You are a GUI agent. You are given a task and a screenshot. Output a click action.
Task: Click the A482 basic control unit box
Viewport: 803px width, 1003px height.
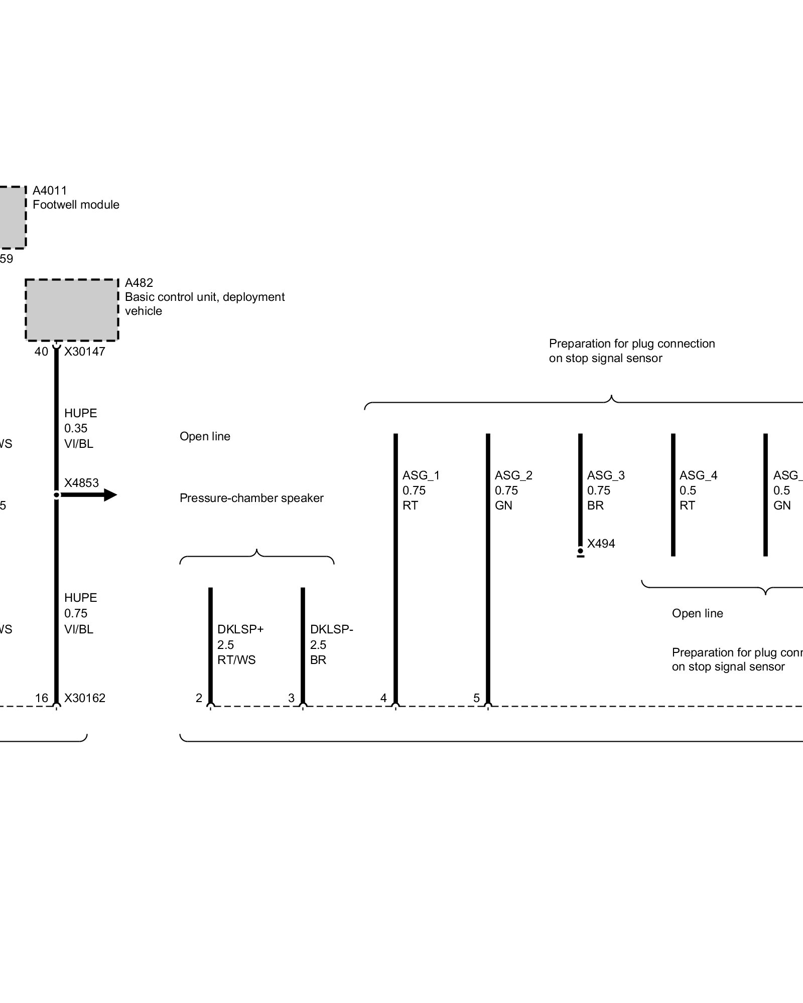(72, 310)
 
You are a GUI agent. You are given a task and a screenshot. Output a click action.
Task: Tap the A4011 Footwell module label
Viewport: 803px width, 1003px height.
(76, 198)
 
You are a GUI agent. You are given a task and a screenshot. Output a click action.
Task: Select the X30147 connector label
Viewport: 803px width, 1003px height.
(85, 351)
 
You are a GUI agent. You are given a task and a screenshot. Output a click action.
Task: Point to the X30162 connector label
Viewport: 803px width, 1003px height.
(85, 698)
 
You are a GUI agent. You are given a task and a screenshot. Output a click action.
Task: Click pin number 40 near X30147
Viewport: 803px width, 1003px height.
(41, 352)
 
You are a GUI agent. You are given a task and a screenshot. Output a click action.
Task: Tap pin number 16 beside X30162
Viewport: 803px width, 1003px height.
(42, 698)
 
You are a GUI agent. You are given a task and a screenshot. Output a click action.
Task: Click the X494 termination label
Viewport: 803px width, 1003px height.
(601, 544)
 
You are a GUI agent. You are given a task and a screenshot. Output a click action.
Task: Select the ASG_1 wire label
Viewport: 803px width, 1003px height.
(421, 475)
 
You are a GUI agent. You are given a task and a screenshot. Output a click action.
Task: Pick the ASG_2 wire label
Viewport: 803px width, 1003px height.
(513, 475)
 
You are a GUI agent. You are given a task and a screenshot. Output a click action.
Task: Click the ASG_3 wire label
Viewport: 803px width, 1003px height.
(606, 475)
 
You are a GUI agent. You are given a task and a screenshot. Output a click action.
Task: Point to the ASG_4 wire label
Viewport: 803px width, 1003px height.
(698, 475)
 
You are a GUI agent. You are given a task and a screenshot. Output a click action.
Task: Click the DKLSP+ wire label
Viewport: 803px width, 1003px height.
(240, 629)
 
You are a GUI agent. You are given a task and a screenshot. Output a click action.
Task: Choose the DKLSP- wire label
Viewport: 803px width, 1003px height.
(331, 629)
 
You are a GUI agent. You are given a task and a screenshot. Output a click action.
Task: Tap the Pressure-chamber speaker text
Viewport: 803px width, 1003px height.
(251, 498)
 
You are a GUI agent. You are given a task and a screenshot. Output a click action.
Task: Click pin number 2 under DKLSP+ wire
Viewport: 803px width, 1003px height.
(199, 698)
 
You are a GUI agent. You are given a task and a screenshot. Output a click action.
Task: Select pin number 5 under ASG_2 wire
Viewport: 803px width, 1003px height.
(477, 698)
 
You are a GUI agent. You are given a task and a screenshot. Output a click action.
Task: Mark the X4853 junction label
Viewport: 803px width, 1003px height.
(81, 483)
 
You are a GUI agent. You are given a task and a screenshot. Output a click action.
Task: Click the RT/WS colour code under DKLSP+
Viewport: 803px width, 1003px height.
(236, 660)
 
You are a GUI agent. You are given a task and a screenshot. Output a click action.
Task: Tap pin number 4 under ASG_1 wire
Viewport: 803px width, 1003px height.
(384, 698)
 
